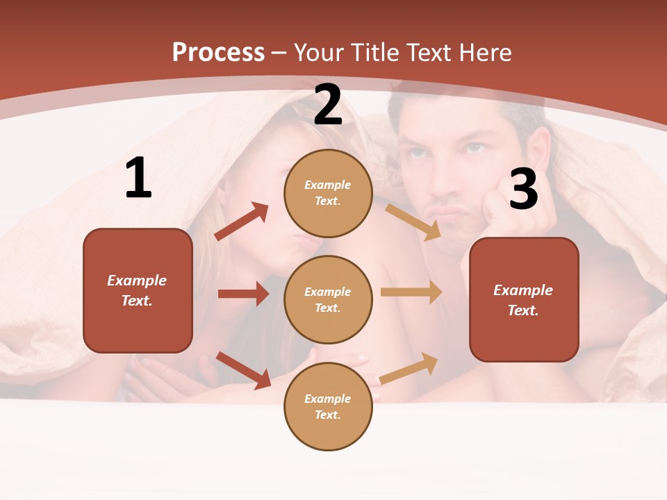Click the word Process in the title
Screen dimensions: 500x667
[x=218, y=53]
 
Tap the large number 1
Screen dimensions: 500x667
[x=138, y=178]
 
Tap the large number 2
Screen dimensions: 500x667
[x=328, y=106]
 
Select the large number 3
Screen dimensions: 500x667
[x=523, y=189]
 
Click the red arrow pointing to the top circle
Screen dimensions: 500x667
[x=242, y=222]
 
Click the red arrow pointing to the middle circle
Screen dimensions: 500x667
[x=243, y=294]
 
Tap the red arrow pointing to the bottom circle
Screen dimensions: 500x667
[x=243, y=370]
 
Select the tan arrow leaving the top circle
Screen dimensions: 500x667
[x=413, y=222]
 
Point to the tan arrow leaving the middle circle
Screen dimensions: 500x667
[x=411, y=292]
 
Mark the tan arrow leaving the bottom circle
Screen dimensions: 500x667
[x=409, y=368]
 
